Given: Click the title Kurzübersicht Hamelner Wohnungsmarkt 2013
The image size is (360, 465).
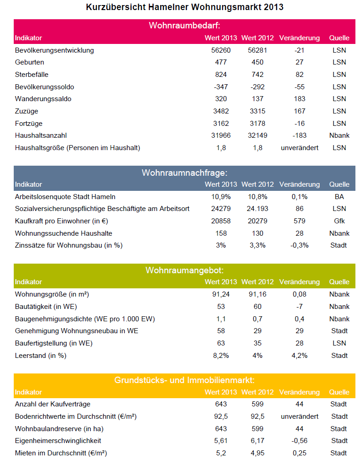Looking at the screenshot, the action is [185, 7].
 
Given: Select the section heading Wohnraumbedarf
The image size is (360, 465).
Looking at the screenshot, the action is [185, 26].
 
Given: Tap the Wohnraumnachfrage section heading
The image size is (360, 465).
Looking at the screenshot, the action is [185, 173].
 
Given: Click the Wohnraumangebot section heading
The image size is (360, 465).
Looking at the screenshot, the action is [185, 270].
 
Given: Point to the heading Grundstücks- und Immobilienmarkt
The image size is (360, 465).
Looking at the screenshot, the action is [185, 380].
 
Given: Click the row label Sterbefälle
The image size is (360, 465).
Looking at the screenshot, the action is [32, 75].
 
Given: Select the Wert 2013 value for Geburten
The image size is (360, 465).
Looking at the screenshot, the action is [221, 62].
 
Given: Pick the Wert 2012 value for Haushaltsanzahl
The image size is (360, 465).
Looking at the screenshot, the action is [257, 135].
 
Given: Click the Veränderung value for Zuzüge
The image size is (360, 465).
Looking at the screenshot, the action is [300, 111].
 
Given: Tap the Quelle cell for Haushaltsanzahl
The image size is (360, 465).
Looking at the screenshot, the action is [339, 135].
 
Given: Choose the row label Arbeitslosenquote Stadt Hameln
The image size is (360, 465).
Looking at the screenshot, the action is [65, 197].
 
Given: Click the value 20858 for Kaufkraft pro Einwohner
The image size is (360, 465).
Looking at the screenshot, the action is [221, 221].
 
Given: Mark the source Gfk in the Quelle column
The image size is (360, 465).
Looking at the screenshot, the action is [339, 221].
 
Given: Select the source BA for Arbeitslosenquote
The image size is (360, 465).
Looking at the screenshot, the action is [339, 197].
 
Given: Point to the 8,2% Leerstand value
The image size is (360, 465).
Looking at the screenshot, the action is [221, 356].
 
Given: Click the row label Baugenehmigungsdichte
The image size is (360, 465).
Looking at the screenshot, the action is [85, 319].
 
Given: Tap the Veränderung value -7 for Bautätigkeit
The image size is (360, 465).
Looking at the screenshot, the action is [300, 307].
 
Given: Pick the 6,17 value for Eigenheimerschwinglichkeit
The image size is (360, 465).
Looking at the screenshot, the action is [257, 441].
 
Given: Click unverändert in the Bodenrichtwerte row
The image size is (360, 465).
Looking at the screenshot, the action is [300, 416].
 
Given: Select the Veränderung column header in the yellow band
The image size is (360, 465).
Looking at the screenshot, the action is [300, 392].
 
